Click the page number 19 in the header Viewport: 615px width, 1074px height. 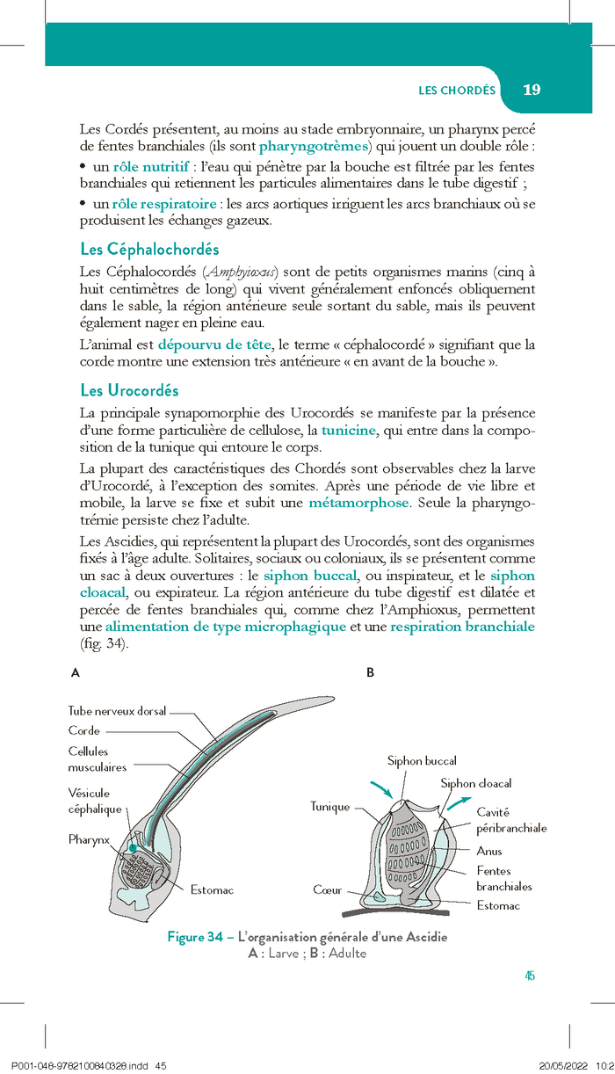tap(532, 90)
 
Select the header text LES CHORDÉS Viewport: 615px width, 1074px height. tap(457, 91)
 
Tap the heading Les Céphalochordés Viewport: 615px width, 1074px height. tap(149, 250)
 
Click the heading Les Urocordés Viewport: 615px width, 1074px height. tap(129, 390)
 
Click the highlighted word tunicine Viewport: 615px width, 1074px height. tap(349, 430)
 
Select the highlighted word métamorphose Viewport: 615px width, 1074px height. tap(358, 503)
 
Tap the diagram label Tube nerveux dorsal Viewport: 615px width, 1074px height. tap(117, 711)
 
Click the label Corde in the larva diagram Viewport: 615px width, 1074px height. tap(84, 730)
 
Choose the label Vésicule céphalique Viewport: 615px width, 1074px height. tap(89, 801)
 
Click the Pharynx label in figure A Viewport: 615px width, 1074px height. tap(89, 840)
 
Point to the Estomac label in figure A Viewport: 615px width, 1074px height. tap(213, 890)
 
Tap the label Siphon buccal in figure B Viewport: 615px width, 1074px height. tap(422, 761)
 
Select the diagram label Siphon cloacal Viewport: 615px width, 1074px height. tap(475, 783)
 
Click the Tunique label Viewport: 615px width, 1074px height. tap(329, 807)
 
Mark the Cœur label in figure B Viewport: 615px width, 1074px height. tap(328, 890)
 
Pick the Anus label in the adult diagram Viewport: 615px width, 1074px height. tap(489, 851)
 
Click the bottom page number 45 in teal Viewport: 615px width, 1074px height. tap(529, 976)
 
